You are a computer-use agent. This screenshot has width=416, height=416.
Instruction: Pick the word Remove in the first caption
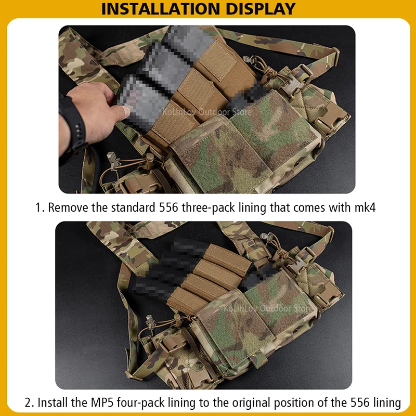(x=68, y=208)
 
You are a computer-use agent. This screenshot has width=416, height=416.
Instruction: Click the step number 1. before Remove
(x=40, y=208)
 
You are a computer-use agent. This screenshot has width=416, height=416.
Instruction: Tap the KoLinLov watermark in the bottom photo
(x=267, y=308)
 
